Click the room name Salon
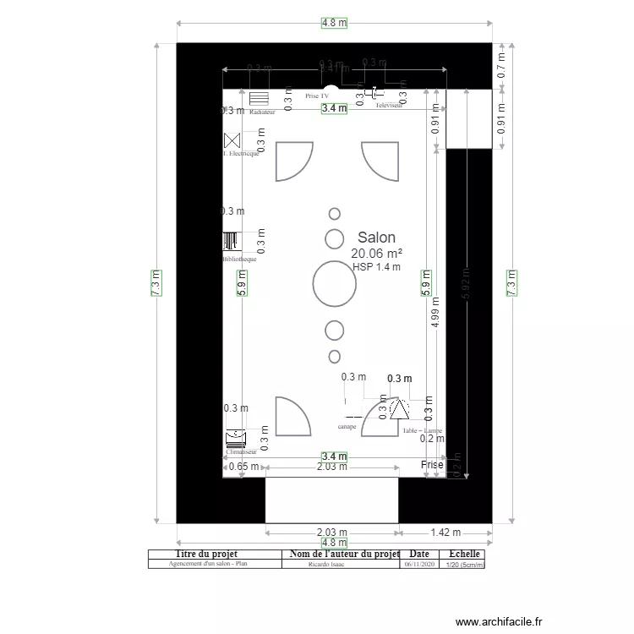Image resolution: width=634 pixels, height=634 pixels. click(x=376, y=238)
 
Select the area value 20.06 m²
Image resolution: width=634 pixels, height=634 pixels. click(x=376, y=254)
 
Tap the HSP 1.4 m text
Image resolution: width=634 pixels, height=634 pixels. click(x=376, y=267)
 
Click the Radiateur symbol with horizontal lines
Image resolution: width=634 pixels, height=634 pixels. click(x=259, y=99)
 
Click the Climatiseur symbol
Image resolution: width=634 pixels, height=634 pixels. click(x=235, y=438)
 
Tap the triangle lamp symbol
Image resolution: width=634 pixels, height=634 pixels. click(x=399, y=411)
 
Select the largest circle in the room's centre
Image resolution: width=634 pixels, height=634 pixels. click(x=335, y=283)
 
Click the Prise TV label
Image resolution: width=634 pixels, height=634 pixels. click(x=317, y=97)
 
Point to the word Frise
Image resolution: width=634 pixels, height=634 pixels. click(x=432, y=465)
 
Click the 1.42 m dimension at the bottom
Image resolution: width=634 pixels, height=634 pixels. click(x=445, y=533)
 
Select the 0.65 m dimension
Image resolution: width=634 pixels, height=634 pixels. click(x=243, y=467)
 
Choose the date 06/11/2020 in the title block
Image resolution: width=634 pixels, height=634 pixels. click(x=419, y=564)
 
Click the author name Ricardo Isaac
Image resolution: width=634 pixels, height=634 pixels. click(x=327, y=564)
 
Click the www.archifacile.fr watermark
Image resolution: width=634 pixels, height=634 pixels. click(x=499, y=621)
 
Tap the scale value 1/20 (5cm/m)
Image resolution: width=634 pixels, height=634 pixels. click(x=464, y=564)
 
